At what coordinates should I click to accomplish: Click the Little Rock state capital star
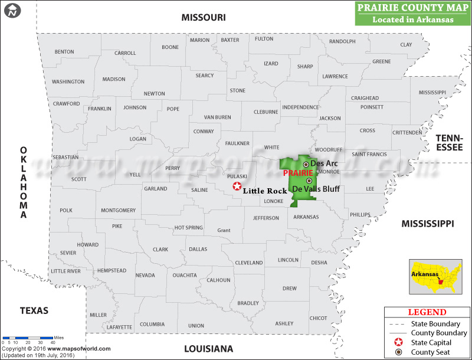coord(237,186)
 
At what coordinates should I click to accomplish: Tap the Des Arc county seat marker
coord(306,164)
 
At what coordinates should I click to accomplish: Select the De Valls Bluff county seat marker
coord(309,181)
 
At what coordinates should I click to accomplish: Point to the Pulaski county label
coord(238,176)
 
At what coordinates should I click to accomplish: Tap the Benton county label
coord(64,52)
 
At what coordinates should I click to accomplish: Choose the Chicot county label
coord(318,318)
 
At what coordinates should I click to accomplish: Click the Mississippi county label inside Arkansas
coord(432,93)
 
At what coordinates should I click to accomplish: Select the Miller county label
coord(99,315)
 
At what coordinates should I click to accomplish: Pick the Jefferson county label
coord(266,218)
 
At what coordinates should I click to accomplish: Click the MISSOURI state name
coord(204,18)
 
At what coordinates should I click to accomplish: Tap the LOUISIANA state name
coord(209,348)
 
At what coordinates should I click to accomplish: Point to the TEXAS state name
coord(34,310)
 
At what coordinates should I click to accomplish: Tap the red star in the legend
coord(398,342)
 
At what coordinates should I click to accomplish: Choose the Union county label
coord(196,326)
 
